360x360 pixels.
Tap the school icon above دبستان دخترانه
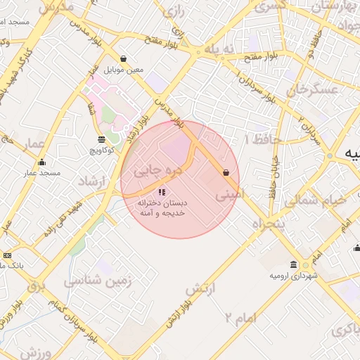click(162, 191)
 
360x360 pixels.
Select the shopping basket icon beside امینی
click(226, 172)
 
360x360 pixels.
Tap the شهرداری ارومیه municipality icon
click(306, 265)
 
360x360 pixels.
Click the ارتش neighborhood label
click(200, 289)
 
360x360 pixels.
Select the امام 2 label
click(240, 318)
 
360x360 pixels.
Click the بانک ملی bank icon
click(7, 255)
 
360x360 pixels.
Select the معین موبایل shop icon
click(124, 59)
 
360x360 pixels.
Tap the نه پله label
click(218, 49)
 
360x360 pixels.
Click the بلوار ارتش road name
click(177, 314)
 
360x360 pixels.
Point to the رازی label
click(173, 12)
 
